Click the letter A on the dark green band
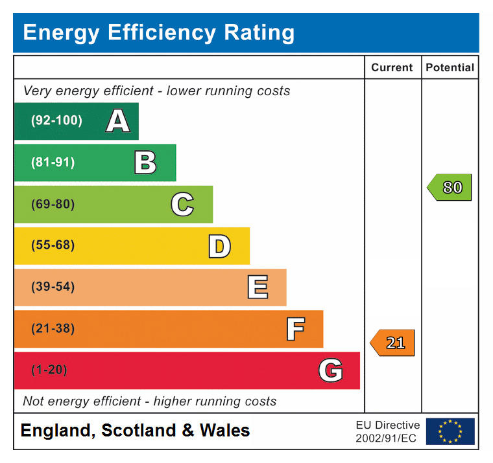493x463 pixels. click(117, 121)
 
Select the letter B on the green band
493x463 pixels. click(145, 163)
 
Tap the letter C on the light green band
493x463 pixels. click(182, 205)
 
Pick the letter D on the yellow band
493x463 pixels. click(219, 246)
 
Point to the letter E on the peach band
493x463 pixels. click(258, 288)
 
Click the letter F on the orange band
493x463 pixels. click(295, 329)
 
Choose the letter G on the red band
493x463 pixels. click(330, 370)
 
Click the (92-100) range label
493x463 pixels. click(57, 120)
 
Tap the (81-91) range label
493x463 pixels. click(53, 163)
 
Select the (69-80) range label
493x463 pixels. click(53, 205)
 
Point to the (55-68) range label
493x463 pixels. click(53, 245)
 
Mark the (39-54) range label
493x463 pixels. click(53, 287)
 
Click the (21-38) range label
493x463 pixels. click(53, 328)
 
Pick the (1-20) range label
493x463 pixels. click(49, 370)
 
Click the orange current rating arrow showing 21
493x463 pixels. click(392, 343)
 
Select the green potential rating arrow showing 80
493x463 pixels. click(450, 188)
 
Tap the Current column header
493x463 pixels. click(392, 67)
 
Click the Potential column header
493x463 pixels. click(450, 67)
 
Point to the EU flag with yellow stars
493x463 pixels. click(450, 431)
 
